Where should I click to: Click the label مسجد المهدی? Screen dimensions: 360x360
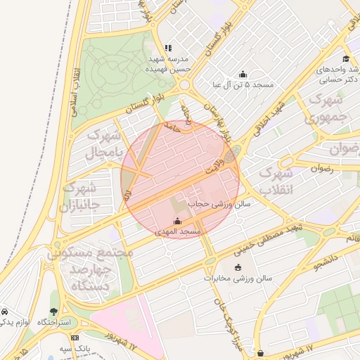[181, 231]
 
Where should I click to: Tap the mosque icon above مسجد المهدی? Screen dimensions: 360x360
[177, 221]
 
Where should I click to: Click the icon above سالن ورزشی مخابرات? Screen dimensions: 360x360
[237, 267]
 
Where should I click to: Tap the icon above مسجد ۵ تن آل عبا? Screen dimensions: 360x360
[243, 74]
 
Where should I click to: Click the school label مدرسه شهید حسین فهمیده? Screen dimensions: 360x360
[167, 65]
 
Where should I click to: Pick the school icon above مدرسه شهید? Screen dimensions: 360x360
[167, 49]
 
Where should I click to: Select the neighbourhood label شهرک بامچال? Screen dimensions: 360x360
[105, 143]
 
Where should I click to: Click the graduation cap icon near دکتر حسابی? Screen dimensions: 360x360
[346, 58]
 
